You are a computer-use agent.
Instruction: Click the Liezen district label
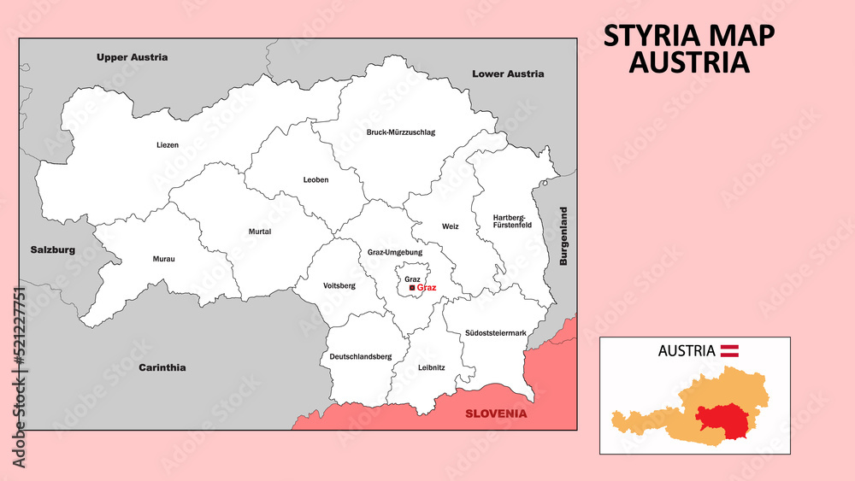(x=168, y=145)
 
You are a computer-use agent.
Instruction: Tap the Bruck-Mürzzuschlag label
(x=400, y=132)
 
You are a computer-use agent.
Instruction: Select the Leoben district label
(x=315, y=180)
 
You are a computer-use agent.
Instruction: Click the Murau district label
(x=163, y=259)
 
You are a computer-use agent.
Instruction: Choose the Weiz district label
(x=451, y=226)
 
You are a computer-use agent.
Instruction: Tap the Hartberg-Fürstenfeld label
(x=512, y=221)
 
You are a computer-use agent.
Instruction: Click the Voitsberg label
(x=339, y=285)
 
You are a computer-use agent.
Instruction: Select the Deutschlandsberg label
(x=361, y=356)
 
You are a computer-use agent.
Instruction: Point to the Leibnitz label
(x=432, y=368)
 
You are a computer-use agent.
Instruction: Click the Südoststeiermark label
(x=496, y=332)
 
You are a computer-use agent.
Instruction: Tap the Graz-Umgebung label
(x=395, y=253)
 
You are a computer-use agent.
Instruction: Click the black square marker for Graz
(x=412, y=289)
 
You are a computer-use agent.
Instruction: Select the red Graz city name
(x=427, y=288)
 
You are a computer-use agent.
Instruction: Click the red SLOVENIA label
(x=496, y=414)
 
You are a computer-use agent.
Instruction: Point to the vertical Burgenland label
(x=563, y=236)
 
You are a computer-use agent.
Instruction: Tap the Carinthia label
(x=162, y=367)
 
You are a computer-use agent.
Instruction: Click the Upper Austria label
(x=132, y=57)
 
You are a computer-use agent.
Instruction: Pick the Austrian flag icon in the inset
(x=729, y=350)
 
